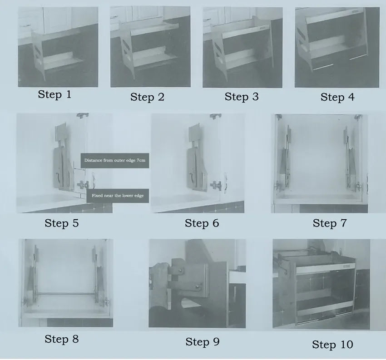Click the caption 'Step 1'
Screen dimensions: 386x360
click(x=54, y=94)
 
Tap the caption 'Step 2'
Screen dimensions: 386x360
click(x=147, y=97)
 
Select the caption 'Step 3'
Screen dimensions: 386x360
click(x=242, y=96)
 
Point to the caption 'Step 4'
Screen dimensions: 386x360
click(x=337, y=97)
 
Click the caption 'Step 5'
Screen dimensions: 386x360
click(x=62, y=223)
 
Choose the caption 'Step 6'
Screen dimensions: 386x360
click(x=202, y=223)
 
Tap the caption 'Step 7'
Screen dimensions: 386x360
click(x=330, y=223)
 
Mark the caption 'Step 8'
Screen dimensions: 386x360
click(x=62, y=339)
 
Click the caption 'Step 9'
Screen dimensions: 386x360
click(x=203, y=341)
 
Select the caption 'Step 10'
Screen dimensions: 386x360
click(x=332, y=344)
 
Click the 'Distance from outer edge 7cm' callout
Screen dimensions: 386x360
click(x=115, y=160)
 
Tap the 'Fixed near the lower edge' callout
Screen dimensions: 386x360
click(x=118, y=196)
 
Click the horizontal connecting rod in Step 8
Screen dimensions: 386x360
click(x=66, y=293)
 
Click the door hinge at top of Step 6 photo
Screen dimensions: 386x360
click(x=215, y=116)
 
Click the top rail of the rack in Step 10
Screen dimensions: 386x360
click(x=326, y=268)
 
